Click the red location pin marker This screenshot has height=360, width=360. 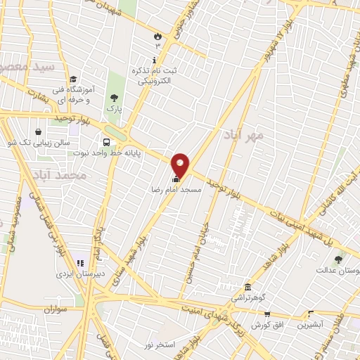pos(181,166)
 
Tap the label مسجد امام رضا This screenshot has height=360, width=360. pos(177,190)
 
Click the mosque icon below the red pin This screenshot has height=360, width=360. pos(175,179)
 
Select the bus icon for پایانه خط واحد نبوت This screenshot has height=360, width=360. pos(106,140)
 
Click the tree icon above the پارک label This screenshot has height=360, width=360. pos(115,98)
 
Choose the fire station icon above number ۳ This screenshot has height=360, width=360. pos(157,36)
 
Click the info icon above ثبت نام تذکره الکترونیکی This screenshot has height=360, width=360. pos(155,60)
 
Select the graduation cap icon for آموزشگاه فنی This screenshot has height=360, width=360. pos(73,78)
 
